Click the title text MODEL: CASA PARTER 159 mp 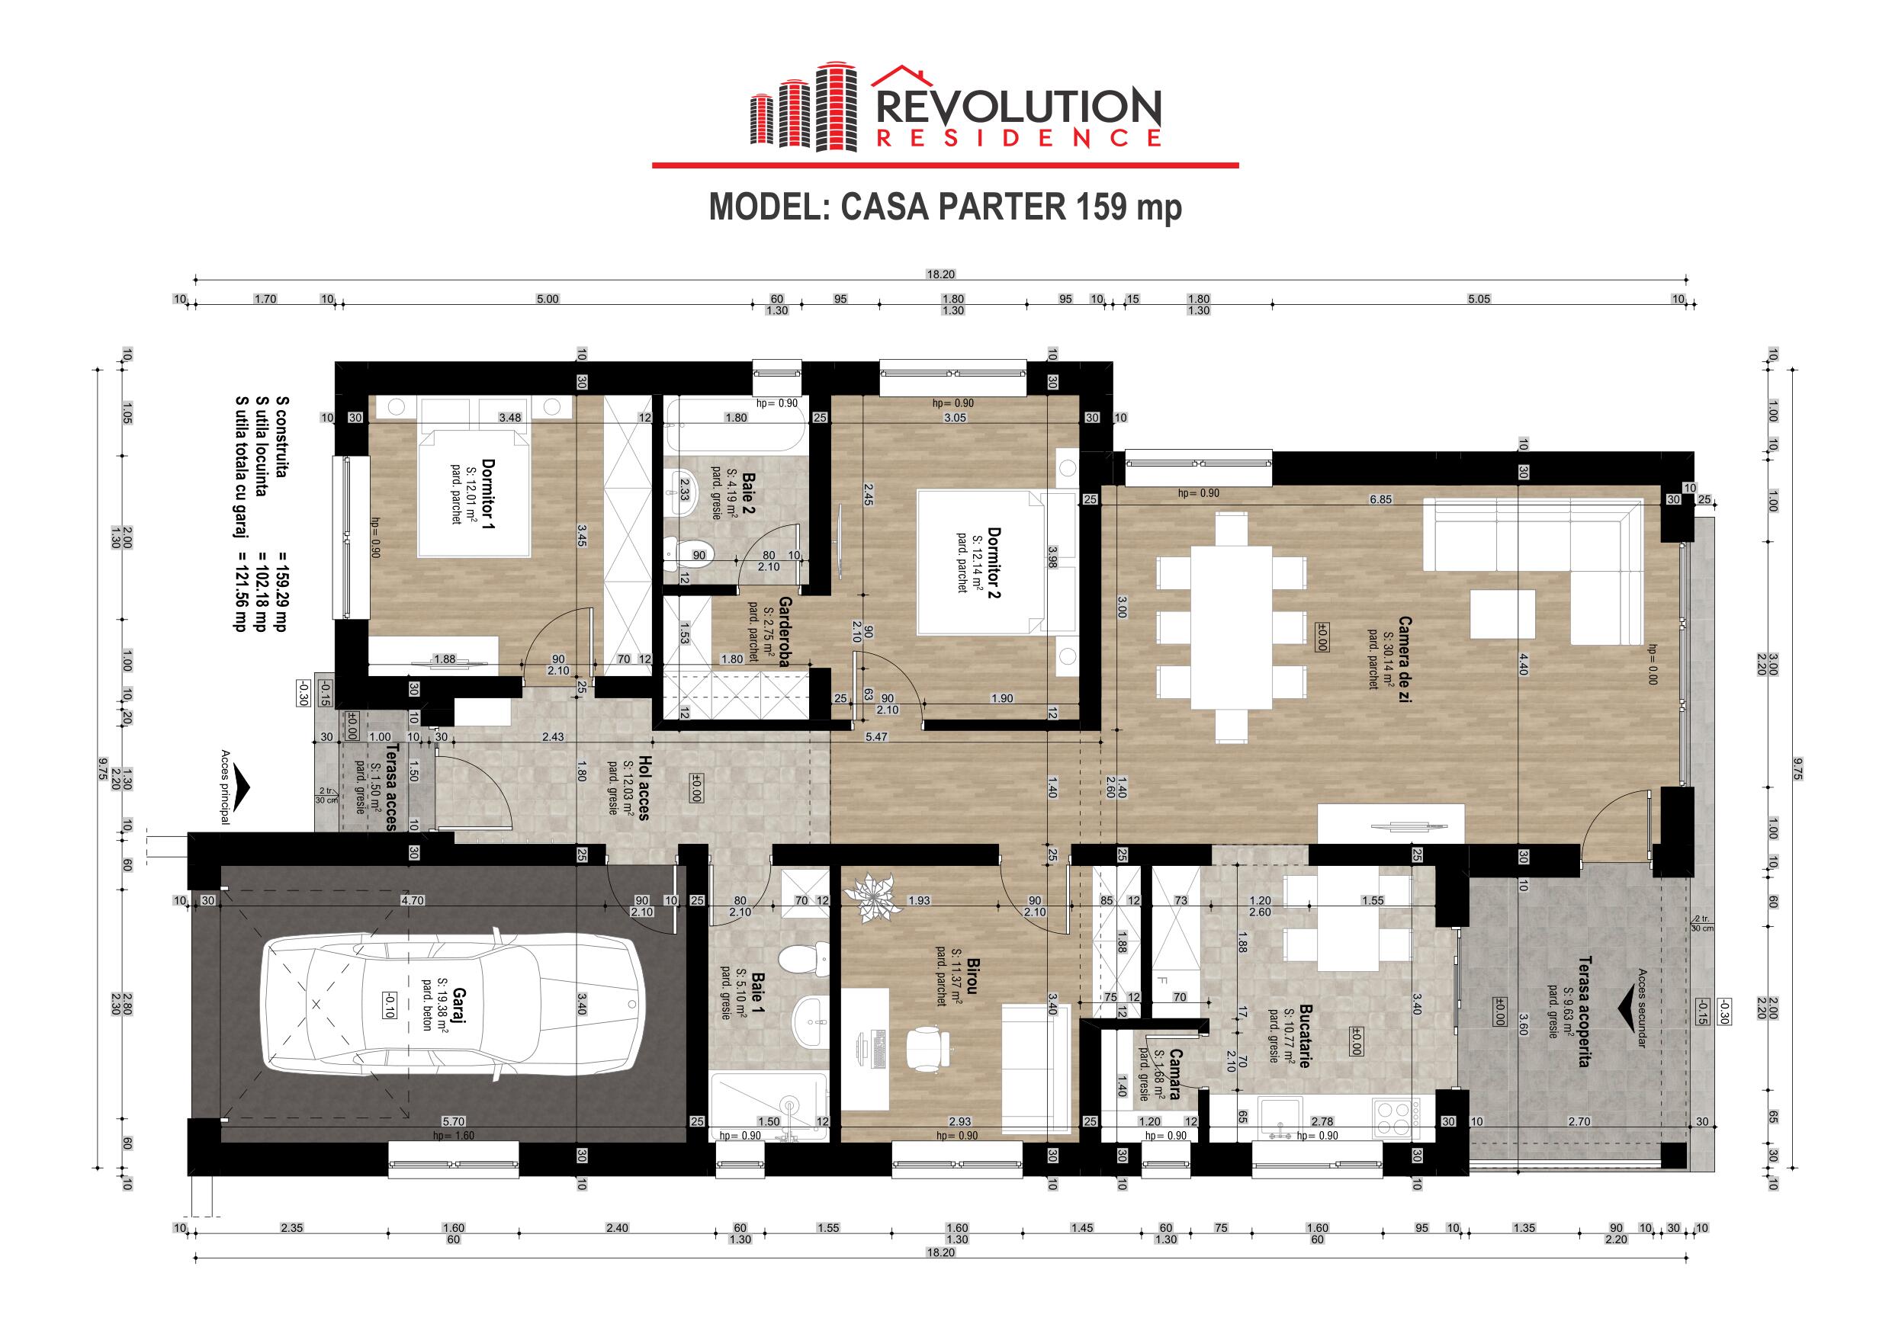pyautogui.click(x=945, y=207)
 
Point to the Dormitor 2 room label pyautogui.click(x=993, y=563)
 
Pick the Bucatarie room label pyautogui.click(x=1305, y=1035)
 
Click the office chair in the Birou pyautogui.click(x=929, y=1050)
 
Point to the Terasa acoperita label pyautogui.click(x=1582, y=1011)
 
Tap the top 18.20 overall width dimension pyautogui.click(x=940, y=274)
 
